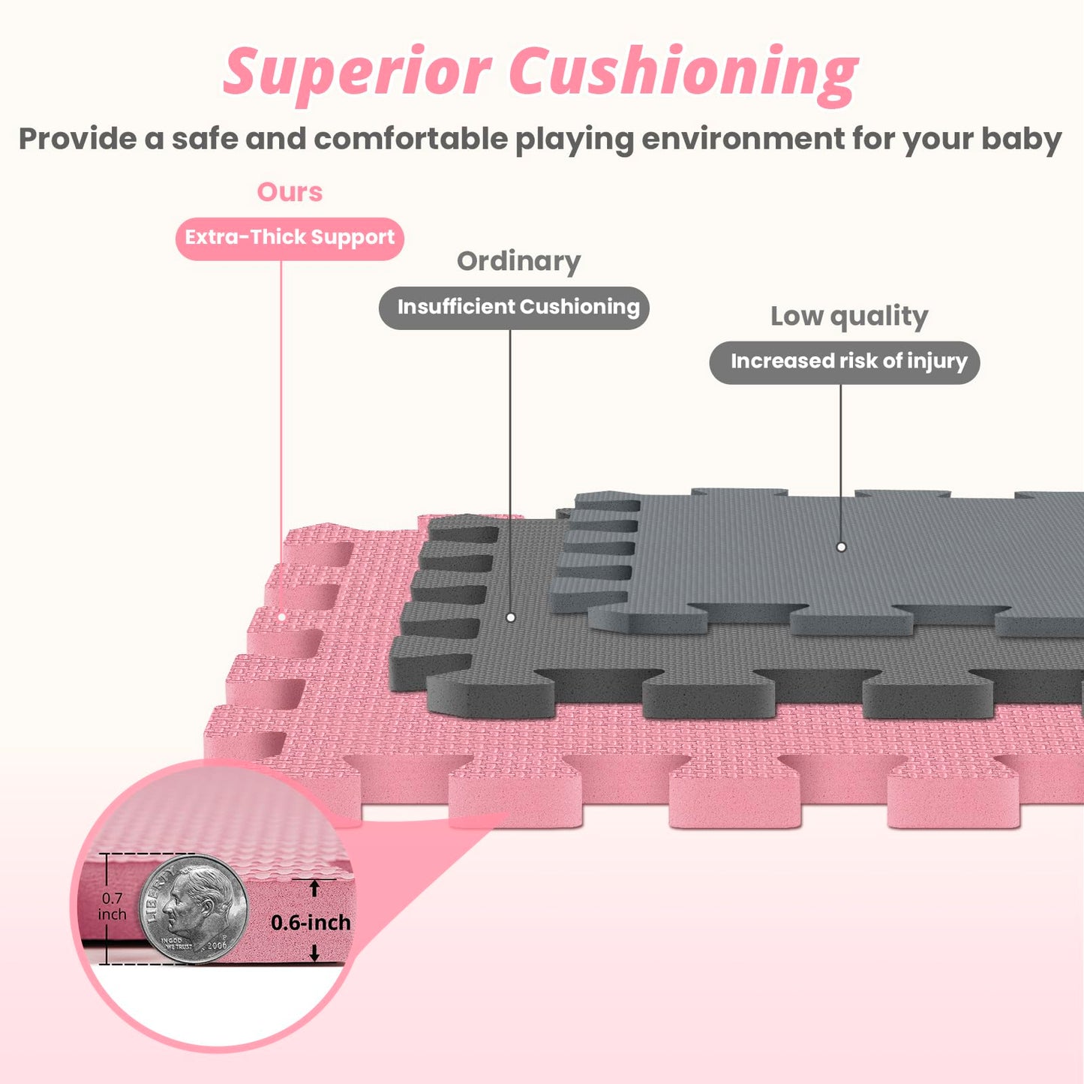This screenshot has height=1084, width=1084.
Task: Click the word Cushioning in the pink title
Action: [x=683, y=74]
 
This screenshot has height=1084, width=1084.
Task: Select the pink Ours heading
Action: [x=290, y=192]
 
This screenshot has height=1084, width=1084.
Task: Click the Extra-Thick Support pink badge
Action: [x=290, y=238]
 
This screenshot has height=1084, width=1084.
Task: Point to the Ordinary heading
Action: [x=518, y=261]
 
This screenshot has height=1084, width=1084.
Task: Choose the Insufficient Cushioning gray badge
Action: [x=514, y=307]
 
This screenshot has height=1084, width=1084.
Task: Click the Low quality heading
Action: [x=848, y=316]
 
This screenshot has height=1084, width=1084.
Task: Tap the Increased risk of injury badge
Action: [x=845, y=362]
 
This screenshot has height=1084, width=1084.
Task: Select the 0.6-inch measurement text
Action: [x=311, y=922]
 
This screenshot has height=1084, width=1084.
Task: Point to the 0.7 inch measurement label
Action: [x=112, y=906]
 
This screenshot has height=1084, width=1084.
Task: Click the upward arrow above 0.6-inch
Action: [x=314, y=888]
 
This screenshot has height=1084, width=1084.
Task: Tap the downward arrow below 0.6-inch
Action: [x=314, y=953]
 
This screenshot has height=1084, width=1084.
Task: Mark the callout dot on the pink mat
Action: [x=282, y=617]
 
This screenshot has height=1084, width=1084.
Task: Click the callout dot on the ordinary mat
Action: [x=511, y=617]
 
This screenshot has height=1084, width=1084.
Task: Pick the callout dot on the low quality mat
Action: [x=841, y=547]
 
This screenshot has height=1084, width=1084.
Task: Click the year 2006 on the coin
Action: [x=217, y=945]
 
